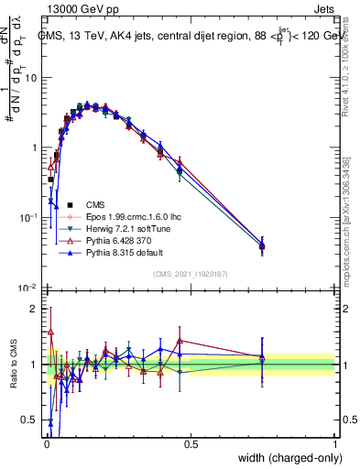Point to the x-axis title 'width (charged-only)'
click(x=285, y=458)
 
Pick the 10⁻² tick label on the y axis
click(x=27, y=288)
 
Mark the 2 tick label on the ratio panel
click(x=33, y=309)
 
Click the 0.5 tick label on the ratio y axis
click(x=29, y=420)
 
